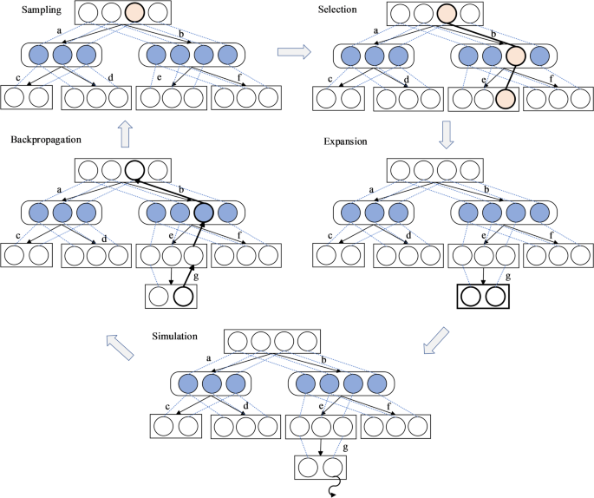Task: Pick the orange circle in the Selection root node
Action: (447, 14)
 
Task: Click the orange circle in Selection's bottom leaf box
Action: (506, 98)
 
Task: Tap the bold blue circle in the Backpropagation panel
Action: (204, 213)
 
